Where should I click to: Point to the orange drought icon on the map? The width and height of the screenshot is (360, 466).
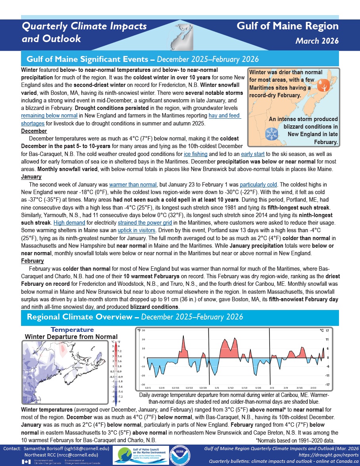click(x=324, y=85)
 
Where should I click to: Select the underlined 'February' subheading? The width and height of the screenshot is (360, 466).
click(x=33, y=261)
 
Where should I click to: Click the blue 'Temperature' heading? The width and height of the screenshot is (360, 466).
click(x=72, y=330)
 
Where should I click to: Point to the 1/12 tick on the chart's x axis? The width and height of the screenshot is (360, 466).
click(x=231, y=387)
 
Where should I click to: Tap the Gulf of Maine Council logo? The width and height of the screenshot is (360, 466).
click(x=139, y=454)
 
